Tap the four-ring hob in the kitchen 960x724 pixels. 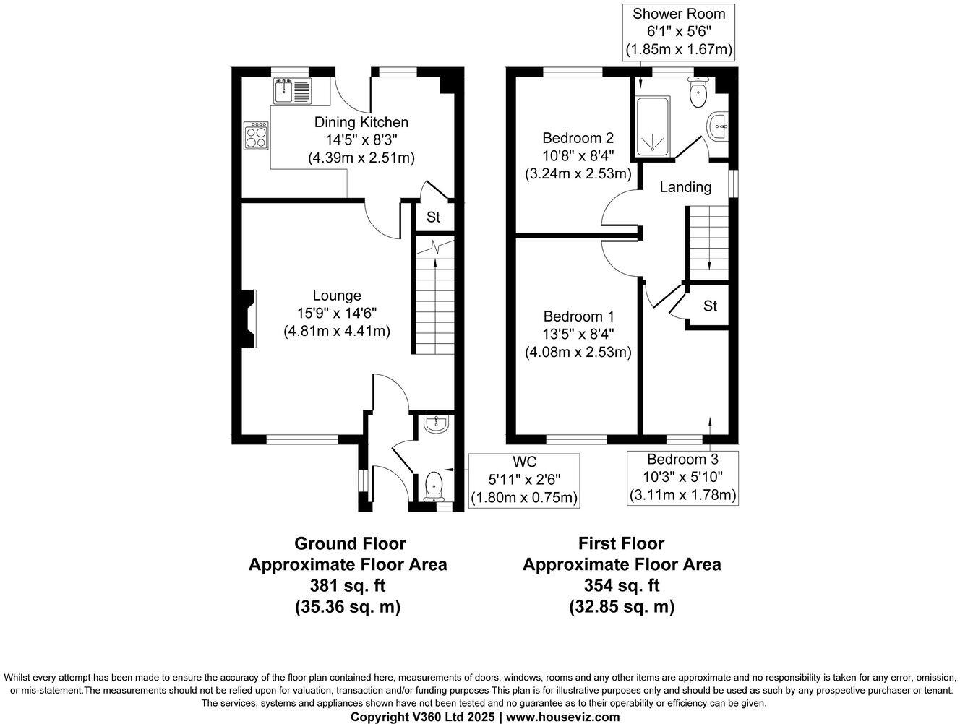tap(257, 136)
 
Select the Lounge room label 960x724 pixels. tap(337, 296)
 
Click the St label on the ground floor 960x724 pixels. tap(433, 217)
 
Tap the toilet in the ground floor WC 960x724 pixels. tap(434, 486)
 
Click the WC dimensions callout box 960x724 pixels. tap(524, 481)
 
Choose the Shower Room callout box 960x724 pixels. tap(679, 32)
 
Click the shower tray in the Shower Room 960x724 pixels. tap(653, 126)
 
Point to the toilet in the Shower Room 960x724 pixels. tap(698, 92)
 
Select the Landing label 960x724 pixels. tap(685, 187)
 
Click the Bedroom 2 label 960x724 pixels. tap(578, 138)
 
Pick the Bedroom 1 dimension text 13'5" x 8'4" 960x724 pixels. tap(578, 334)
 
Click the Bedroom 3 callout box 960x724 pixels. tap(682, 478)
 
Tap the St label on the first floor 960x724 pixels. tap(710, 306)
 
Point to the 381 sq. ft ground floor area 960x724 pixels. tap(348, 585)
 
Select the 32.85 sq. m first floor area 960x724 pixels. tap(622, 607)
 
